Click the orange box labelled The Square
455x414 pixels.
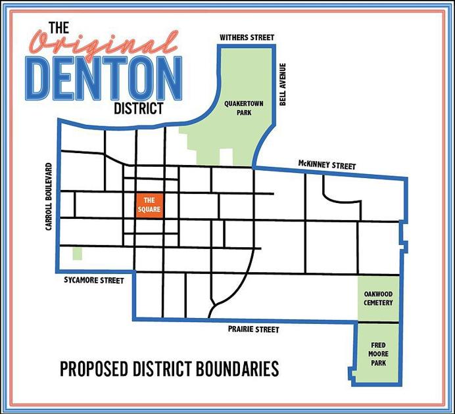coord(149,205)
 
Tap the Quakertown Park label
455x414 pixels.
coord(239,108)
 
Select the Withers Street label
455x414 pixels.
coord(247,37)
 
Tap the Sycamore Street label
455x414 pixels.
coord(94,281)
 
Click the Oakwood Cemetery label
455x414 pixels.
coord(378,298)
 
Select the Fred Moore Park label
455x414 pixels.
coord(378,354)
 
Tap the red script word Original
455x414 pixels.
coord(104,45)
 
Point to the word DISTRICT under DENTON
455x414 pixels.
coord(138,107)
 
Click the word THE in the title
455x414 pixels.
coord(59,28)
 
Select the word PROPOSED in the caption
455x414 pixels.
coord(93,369)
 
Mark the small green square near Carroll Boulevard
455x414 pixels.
coord(78,253)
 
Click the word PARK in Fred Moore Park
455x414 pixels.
coord(378,363)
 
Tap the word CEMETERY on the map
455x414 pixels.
coord(378,303)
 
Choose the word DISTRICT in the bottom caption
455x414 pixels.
coord(162,369)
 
